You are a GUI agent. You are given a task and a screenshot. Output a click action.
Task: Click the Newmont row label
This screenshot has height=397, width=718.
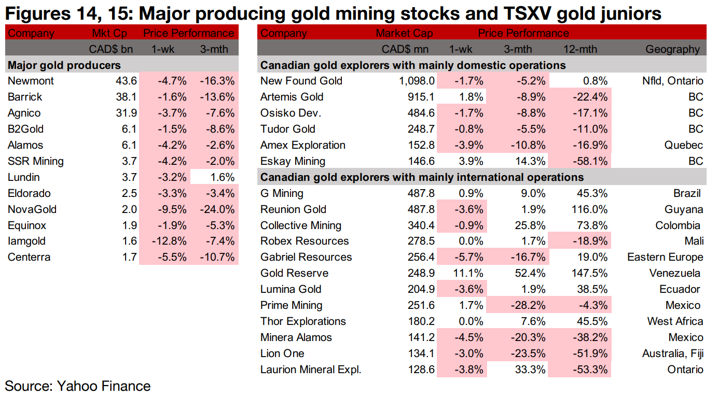click(x=31, y=81)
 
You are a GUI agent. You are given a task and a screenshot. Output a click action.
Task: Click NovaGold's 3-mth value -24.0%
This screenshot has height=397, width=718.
click(x=217, y=209)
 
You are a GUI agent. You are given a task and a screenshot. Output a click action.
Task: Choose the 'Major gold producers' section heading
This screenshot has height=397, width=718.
click(x=64, y=65)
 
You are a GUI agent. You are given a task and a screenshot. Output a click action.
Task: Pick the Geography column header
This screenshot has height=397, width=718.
click(x=672, y=49)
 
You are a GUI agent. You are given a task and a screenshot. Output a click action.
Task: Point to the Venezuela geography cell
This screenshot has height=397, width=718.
click(x=674, y=273)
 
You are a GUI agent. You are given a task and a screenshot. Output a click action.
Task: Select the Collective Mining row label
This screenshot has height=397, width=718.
click(x=301, y=225)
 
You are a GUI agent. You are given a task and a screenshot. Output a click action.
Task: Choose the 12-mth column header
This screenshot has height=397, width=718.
click(x=580, y=49)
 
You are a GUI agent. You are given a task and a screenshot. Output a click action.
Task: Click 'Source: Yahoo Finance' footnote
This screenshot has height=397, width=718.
click(x=78, y=386)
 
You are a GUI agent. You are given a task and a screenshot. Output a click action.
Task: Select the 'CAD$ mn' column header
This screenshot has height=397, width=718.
click(x=407, y=49)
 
